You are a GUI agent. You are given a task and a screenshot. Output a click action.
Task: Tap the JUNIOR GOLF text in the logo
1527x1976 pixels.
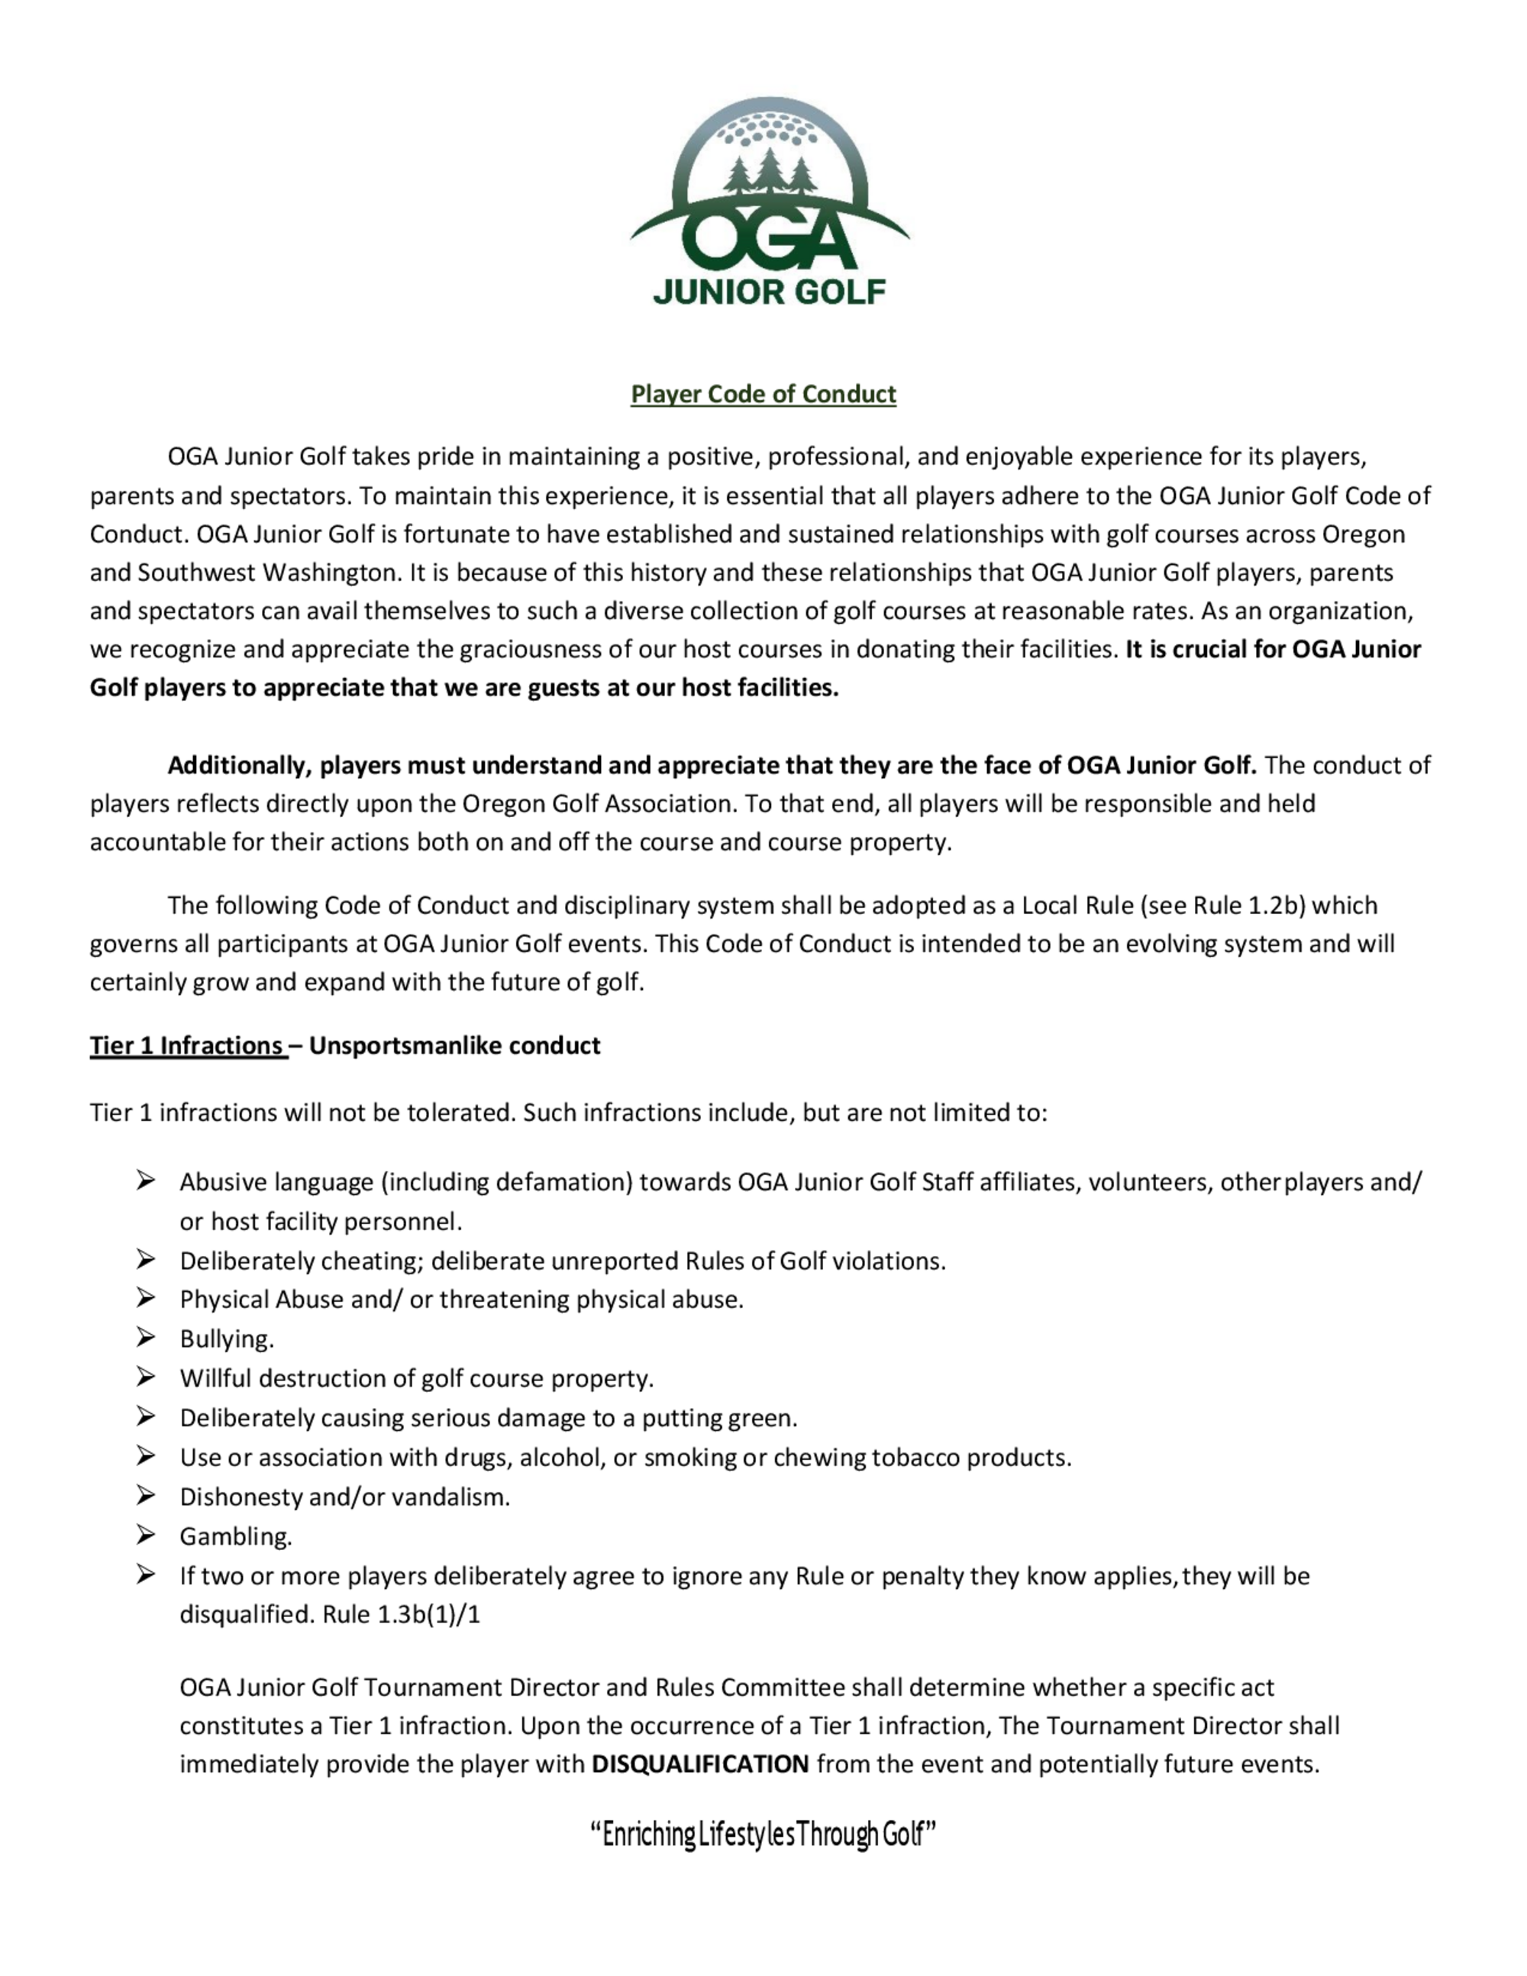769,292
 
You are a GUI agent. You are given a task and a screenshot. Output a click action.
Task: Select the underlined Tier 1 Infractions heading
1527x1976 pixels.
188,1046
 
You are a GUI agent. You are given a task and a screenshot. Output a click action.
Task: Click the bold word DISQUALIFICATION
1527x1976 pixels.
699,1765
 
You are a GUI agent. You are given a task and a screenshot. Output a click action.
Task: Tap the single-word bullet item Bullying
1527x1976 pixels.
226,1339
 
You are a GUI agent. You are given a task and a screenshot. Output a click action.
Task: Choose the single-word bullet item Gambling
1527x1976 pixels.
235,1536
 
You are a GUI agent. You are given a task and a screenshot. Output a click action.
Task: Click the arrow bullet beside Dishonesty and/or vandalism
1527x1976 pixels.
146,1496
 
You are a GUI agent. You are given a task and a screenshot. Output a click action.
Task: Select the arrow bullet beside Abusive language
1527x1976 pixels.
146,1180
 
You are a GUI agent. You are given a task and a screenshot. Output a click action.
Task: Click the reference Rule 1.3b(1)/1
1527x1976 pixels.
401,1615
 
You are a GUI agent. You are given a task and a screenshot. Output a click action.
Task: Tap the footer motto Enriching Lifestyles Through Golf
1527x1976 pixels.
763,1835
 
